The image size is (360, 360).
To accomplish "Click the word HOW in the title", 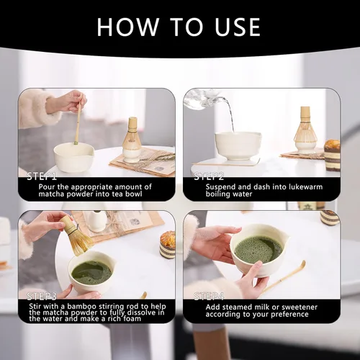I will [125, 27].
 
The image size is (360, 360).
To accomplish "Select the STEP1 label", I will [42, 176].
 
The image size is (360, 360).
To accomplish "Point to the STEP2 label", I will [208, 176].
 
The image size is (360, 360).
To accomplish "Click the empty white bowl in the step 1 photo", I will [73, 156].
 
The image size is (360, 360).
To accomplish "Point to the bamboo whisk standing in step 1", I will [131, 137].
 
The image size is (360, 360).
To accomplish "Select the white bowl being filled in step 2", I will [238, 145].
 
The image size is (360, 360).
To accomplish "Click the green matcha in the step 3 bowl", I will [91, 271].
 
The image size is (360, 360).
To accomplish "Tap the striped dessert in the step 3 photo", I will [167, 245].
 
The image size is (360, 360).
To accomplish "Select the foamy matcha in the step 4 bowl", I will [258, 249].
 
